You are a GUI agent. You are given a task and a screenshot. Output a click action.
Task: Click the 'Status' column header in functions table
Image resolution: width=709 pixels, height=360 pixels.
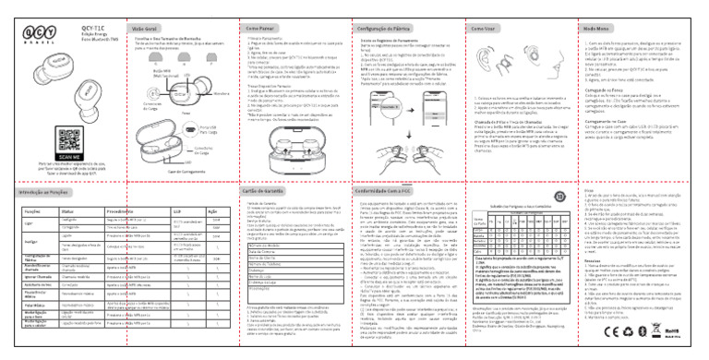coord(73,185)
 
